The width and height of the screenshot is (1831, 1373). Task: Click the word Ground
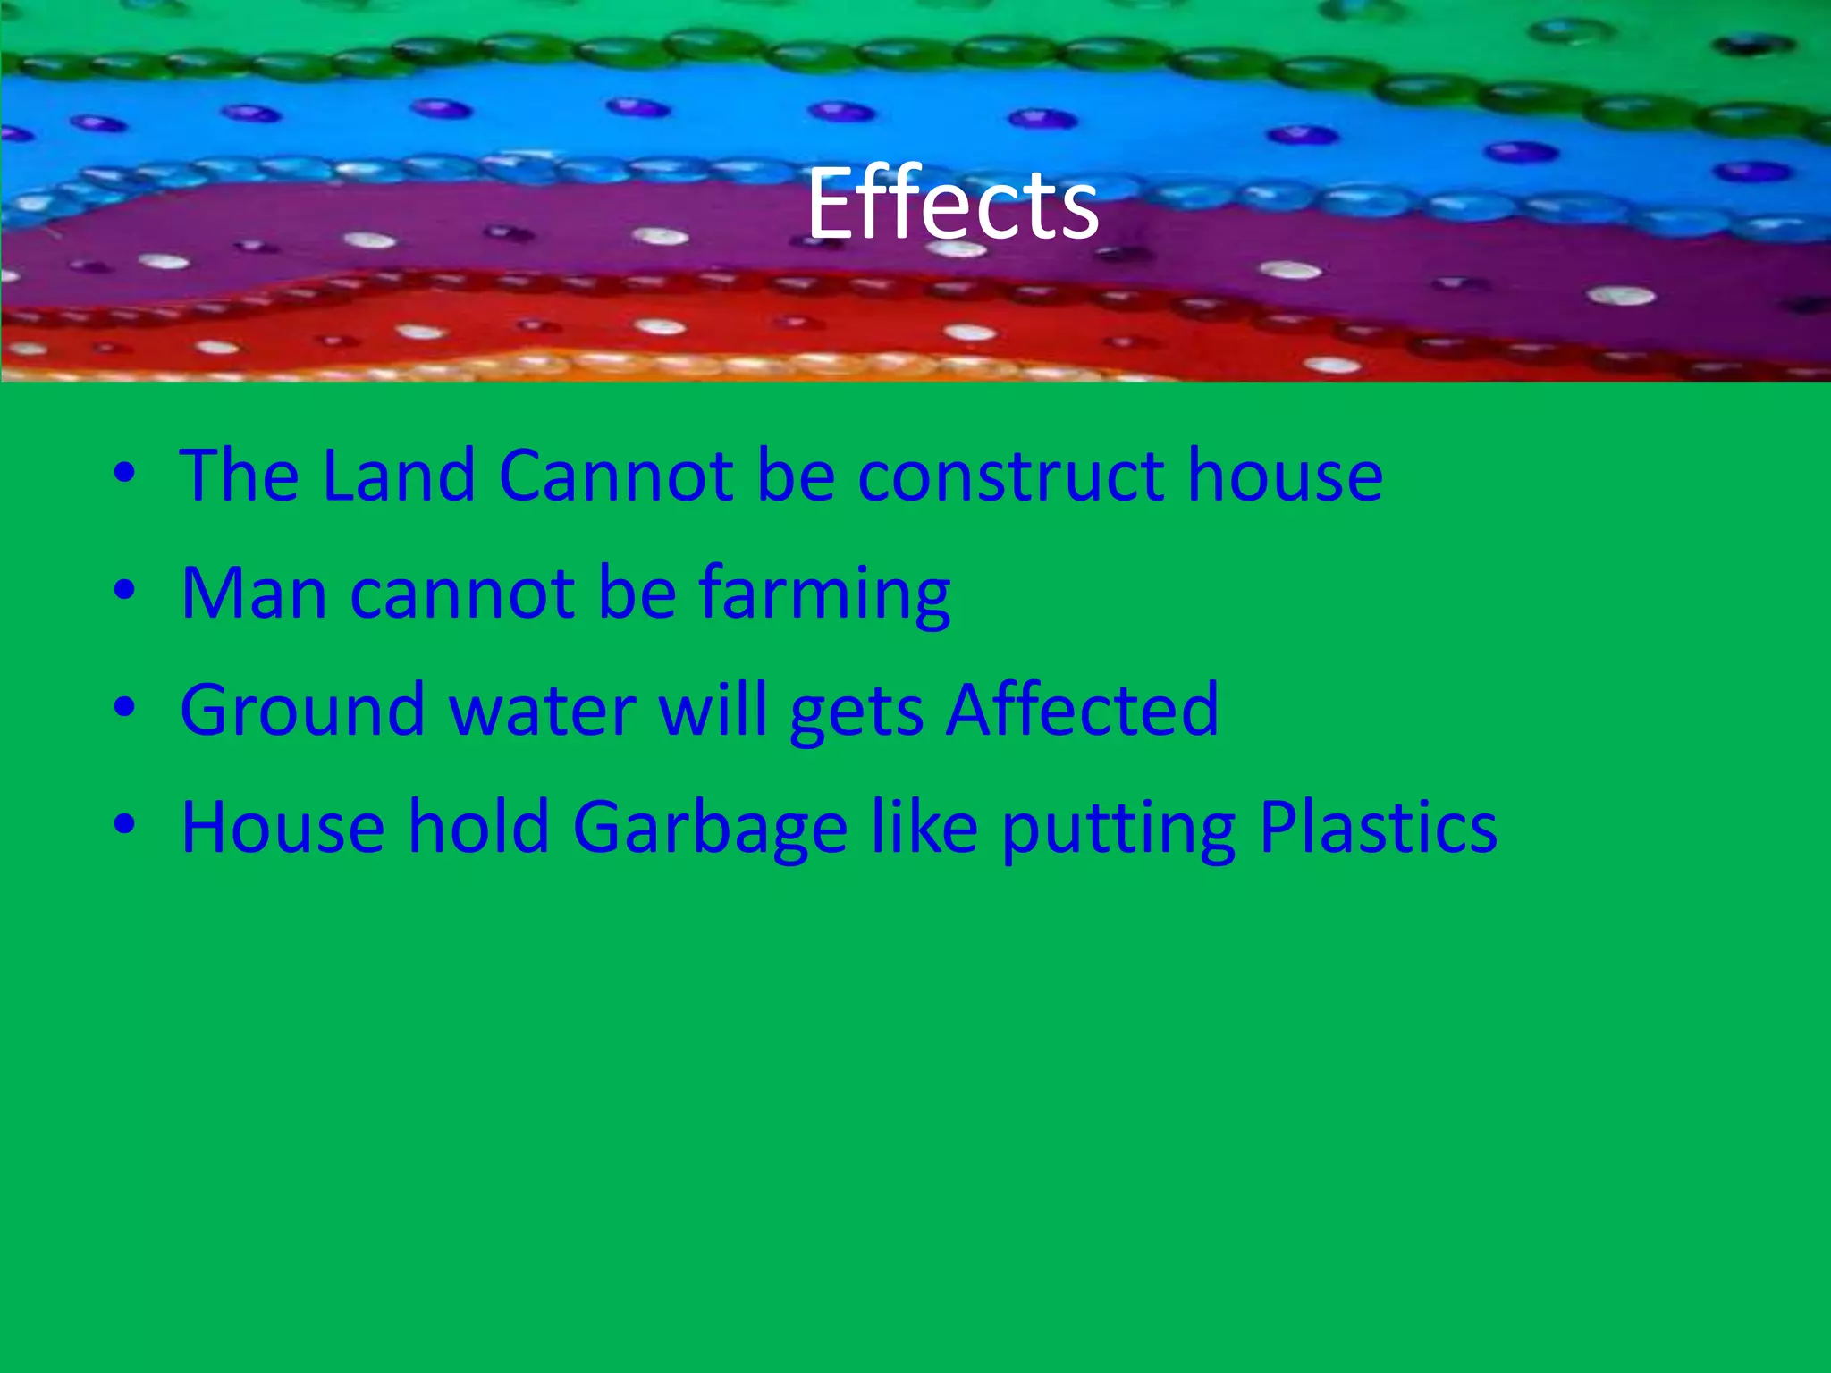[302, 710]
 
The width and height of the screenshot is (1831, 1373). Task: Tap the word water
[542, 710]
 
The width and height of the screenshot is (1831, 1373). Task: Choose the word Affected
[1082, 710]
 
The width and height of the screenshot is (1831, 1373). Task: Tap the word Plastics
[1378, 827]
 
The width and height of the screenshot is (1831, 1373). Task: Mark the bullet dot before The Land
[124, 473]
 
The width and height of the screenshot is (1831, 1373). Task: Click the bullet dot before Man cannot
[124, 591]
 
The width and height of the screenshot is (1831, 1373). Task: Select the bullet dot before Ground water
[124, 708]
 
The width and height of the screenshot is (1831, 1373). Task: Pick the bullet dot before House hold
[124, 826]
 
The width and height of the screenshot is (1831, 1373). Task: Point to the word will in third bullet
[713, 710]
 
